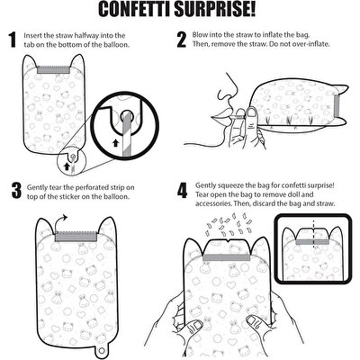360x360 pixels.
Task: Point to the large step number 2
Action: click(x=181, y=40)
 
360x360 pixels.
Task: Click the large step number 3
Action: click(x=15, y=190)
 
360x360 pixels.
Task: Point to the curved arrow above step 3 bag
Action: click(x=65, y=218)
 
